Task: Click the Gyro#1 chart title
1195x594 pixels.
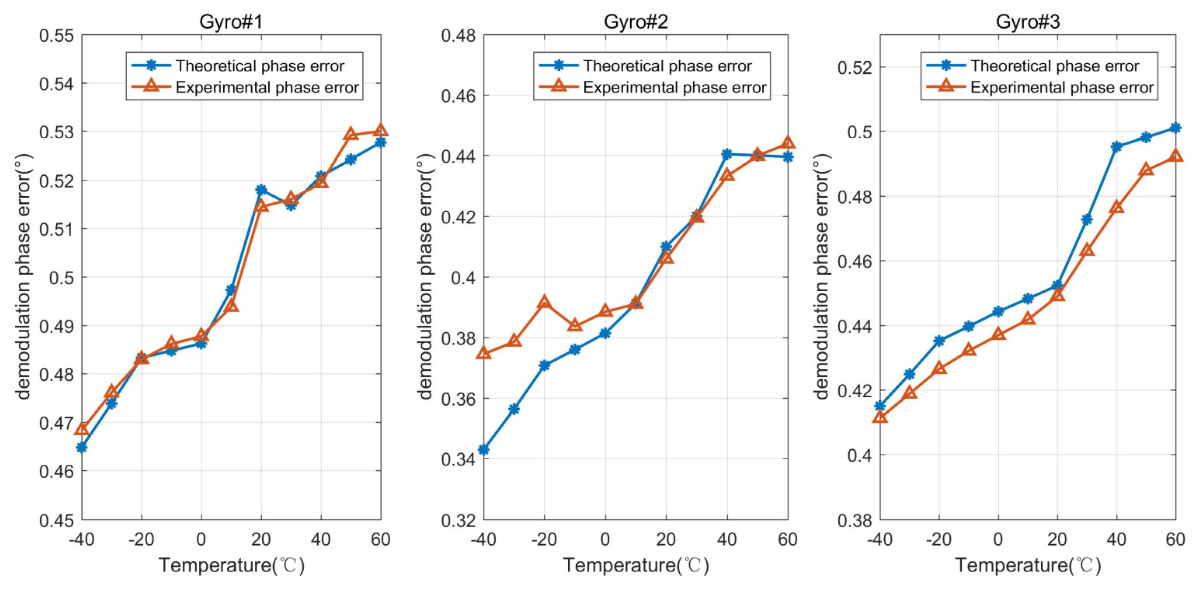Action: (x=231, y=22)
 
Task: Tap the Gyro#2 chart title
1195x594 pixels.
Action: (x=635, y=22)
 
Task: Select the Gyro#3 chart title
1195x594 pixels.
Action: (x=1028, y=22)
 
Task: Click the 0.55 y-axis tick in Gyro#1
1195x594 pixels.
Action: (x=56, y=36)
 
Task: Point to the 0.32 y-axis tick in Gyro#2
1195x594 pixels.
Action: (x=458, y=520)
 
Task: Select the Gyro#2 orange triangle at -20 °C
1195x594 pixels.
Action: (x=544, y=303)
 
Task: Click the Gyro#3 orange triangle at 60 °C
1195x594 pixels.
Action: (x=1175, y=156)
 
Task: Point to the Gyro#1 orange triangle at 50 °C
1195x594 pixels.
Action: (x=351, y=134)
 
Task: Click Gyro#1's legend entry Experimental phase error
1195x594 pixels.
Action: (x=267, y=88)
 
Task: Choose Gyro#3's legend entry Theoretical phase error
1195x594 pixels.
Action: (x=1054, y=66)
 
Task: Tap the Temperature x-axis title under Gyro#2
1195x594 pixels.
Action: (x=635, y=565)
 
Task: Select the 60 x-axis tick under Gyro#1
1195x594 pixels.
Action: (x=380, y=539)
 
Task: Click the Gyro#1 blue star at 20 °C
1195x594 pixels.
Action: (x=261, y=190)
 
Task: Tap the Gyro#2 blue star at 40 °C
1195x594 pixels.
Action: (x=727, y=154)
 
